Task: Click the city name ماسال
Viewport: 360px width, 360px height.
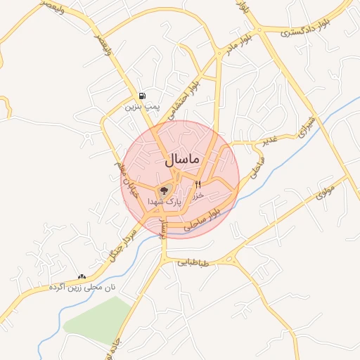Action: point(182,160)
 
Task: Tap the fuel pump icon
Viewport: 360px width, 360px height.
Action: point(143,96)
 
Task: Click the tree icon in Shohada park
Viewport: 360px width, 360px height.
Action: point(165,190)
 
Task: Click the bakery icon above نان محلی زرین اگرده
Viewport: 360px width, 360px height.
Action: point(82,277)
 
